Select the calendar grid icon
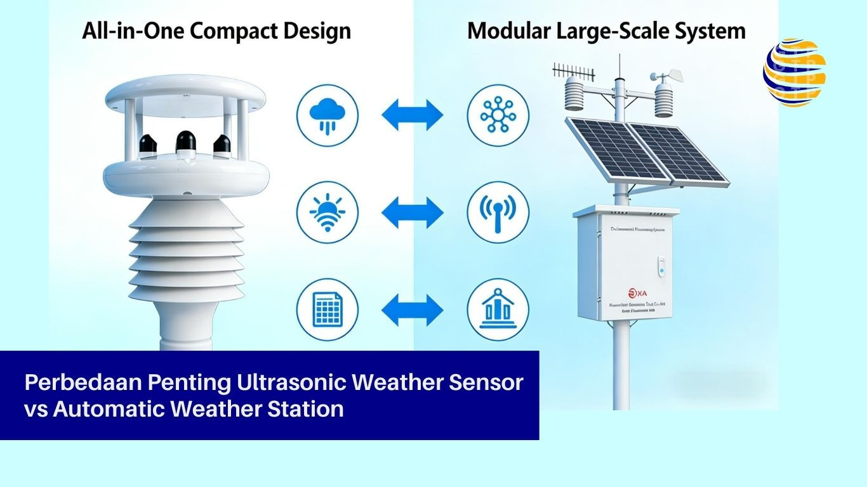click(x=328, y=311)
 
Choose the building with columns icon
click(x=498, y=311)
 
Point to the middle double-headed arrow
click(x=413, y=211)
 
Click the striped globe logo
click(x=795, y=72)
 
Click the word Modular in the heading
click(x=511, y=30)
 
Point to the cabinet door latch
click(x=661, y=265)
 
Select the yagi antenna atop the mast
click(x=572, y=71)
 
